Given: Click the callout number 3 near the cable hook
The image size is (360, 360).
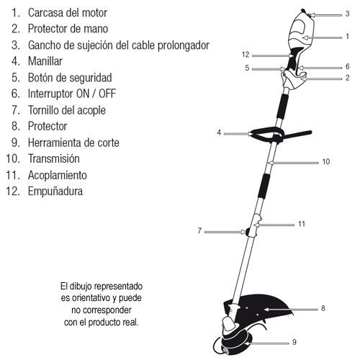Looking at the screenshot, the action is [347, 14].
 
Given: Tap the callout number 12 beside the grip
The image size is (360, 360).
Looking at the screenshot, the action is [246, 55].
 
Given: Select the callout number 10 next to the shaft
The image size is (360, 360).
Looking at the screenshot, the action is [326, 162].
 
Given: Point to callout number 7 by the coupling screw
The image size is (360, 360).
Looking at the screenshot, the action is [199, 231].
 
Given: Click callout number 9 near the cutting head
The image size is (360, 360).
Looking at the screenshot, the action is [294, 342].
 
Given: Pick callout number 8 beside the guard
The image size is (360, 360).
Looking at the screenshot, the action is [323, 308].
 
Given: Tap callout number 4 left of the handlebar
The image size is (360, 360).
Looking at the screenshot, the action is [219, 132].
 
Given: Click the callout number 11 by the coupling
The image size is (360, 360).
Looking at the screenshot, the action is [302, 224].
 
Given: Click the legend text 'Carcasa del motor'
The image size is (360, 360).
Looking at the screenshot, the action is [68, 13].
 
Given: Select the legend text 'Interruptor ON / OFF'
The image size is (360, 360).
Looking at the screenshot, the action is [72, 94].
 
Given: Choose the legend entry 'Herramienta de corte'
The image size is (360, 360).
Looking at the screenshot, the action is [73, 143].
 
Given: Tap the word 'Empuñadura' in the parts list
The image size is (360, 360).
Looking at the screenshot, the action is [55, 192].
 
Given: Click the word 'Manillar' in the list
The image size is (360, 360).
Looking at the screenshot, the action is [45, 61].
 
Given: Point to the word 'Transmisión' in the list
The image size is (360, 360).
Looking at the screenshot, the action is [54, 158].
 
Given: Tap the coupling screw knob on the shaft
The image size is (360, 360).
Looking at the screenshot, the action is [248, 232].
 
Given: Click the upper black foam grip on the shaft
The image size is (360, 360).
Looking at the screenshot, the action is [282, 106].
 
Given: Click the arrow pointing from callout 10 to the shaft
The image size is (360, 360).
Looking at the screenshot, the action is [293, 163].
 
